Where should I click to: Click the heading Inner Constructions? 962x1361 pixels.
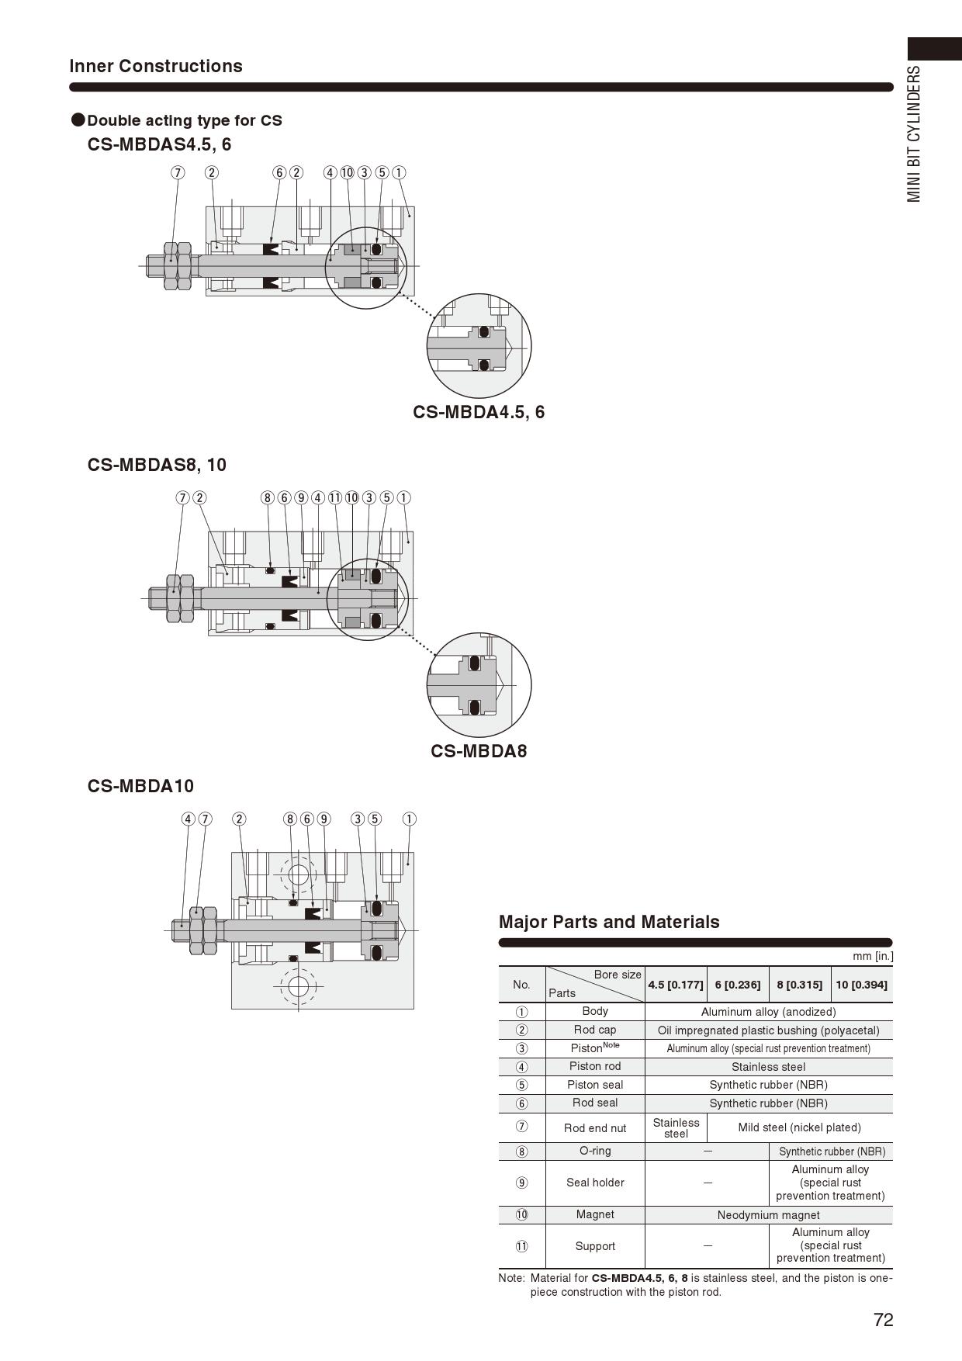tap(156, 66)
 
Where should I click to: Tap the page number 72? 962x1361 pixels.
tap(883, 1320)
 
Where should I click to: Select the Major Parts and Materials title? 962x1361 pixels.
tap(609, 922)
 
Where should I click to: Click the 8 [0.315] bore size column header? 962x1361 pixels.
tap(799, 985)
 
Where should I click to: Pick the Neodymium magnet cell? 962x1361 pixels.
tap(768, 1215)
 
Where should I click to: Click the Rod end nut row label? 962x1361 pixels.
tap(595, 1127)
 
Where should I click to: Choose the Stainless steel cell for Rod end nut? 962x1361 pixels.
tap(676, 1127)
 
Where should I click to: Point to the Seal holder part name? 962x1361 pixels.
tap(595, 1183)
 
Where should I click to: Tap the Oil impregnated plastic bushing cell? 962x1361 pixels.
tap(768, 1030)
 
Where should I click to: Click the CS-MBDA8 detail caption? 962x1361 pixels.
tap(479, 751)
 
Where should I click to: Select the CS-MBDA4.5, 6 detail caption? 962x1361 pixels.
tap(479, 412)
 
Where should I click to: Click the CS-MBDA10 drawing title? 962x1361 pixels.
tap(140, 786)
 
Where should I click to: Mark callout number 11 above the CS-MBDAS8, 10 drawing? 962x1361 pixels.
tap(335, 497)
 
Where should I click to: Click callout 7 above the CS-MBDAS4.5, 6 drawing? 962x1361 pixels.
tap(178, 172)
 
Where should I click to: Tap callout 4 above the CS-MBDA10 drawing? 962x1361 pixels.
tap(188, 819)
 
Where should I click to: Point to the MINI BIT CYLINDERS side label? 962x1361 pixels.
tap(915, 133)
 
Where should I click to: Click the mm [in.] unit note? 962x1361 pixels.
tap(873, 957)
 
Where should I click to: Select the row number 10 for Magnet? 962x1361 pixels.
tap(521, 1215)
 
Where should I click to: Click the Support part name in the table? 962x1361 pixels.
tap(595, 1245)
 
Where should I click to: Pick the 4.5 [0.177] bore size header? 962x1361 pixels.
tap(676, 985)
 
